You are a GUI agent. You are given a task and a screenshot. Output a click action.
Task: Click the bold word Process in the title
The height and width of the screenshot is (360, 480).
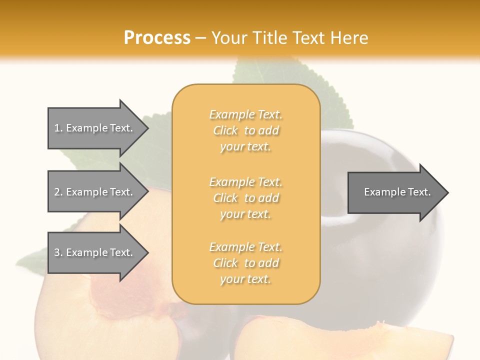157,37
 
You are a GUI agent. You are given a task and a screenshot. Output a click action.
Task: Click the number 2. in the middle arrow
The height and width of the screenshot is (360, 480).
58,192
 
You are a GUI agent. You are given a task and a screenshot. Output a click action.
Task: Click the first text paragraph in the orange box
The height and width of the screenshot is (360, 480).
245,130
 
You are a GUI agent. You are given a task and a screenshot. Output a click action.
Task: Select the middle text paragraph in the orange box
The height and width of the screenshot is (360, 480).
245,197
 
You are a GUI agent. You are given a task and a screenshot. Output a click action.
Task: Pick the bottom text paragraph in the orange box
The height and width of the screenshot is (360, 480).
245,263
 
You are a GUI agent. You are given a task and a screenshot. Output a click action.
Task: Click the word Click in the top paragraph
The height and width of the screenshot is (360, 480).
225,131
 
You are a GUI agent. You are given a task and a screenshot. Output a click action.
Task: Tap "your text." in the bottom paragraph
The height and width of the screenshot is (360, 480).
245,279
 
